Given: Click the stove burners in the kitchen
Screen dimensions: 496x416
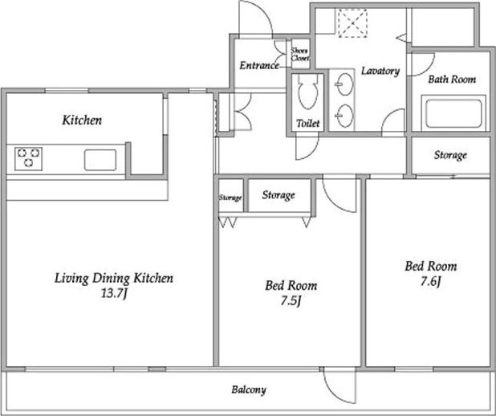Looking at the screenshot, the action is (x=28, y=158).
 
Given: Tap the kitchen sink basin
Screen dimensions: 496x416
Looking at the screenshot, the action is (x=100, y=160).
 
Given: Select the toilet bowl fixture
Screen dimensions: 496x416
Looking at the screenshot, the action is (x=307, y=92).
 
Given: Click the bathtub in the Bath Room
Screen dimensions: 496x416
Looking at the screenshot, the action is (x=453, y=113).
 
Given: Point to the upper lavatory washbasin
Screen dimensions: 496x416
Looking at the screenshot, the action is (x=344, y=84).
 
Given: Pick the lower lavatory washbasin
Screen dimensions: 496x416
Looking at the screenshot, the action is (x=344, y=116).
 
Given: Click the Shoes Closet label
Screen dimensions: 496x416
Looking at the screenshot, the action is (x=300, y=54).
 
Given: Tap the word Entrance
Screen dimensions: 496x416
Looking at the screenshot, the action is (x=259, y=66).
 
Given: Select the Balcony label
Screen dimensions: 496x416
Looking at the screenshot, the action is (x=249, y=389).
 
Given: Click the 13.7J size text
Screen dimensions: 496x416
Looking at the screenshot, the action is (x=114, y=293).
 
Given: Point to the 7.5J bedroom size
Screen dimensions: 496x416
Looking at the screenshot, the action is (x=291, y=300).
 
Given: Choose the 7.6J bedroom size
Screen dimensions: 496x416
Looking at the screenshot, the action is (x=430, y=281).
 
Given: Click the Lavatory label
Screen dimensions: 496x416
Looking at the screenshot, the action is (x=380, y=71).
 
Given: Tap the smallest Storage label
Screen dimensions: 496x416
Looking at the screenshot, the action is (x=230, y=198).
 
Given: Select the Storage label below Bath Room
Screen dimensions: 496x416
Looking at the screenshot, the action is (x=450, y=155).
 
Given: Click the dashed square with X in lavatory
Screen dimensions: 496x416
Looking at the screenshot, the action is (x=352, y=23).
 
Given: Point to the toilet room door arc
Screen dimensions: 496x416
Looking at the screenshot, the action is (x=311, y=151).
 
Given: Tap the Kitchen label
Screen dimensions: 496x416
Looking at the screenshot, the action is (x=82, y=120).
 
